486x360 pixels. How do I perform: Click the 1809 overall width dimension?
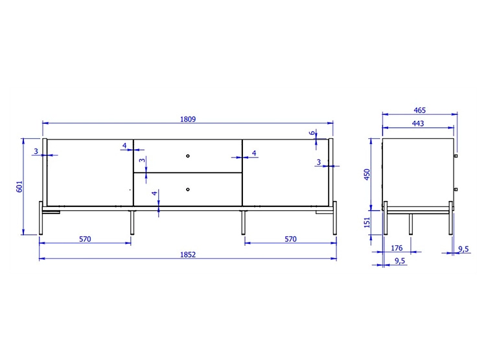188,119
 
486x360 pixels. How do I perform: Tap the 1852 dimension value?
188,255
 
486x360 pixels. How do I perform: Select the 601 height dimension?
19,187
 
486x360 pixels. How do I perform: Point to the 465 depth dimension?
420,110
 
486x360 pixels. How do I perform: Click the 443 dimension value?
418,123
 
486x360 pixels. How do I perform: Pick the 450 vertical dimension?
367,174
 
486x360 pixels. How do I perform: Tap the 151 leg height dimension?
367,222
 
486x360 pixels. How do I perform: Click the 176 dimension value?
397,248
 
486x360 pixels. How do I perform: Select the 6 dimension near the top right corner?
312,133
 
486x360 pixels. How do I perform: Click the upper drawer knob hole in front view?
188,156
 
